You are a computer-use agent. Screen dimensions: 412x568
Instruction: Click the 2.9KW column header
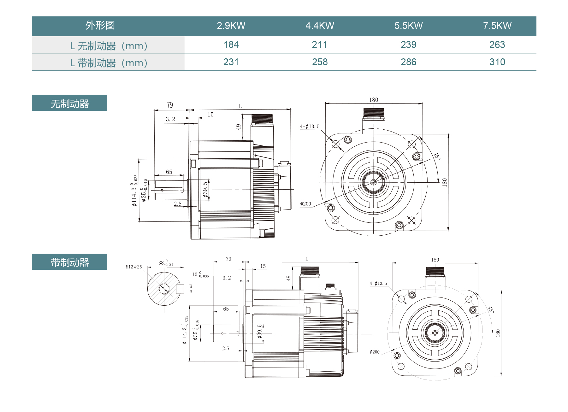pyautogui.click(x=231, y=26)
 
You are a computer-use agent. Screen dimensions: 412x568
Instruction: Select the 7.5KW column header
pyautogui.click(x=497, y=26)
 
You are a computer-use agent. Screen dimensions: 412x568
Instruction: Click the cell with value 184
pyautogui.click(x=231, y=45)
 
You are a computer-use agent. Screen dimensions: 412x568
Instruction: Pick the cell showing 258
pyautogui.click(x=320, y=62)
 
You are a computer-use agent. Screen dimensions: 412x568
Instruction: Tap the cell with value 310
pyautogui.click(x=497, y=62)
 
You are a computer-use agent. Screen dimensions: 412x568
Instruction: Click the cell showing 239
pyautogui.click(x=408, y=45)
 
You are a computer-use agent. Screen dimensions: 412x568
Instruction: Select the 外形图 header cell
pyautogui.click(x=100, y=26)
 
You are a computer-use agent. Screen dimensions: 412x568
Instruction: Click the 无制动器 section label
pyautogui.click(x=69, y=103)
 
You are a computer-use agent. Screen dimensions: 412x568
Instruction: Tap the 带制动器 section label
pyautogui.click(x=69, y=262)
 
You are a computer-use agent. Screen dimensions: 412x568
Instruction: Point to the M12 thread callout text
pyautogui.click(x=134, y=267)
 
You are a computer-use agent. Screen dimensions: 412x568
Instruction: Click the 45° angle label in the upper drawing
pyautogui.click(x=437, y=156)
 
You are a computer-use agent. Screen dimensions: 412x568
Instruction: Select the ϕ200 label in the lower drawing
pyautogui.click(x=375, y=352)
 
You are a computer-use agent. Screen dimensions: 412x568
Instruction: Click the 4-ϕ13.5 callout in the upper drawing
pyautogui.click(x=310, y=127)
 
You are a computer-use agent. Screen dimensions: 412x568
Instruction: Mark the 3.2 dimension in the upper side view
pyautogui.click(x=170, y=119)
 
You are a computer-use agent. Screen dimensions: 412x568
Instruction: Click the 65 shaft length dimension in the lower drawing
pyautogui.click(x=226, y=309)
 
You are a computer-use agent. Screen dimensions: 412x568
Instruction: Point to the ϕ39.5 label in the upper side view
pyautogui.click(x=205, y=190)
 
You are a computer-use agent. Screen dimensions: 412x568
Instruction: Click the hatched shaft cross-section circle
pyautogui.click(x=164, y=289)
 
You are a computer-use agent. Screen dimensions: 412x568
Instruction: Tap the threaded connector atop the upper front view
pyautogui.click(x=374, y=113)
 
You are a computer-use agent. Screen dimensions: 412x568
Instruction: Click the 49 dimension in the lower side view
pyautogui.click(x=288, y=278)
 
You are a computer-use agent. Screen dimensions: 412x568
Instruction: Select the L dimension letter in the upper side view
pyautogui.click(x=240, y=106)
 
